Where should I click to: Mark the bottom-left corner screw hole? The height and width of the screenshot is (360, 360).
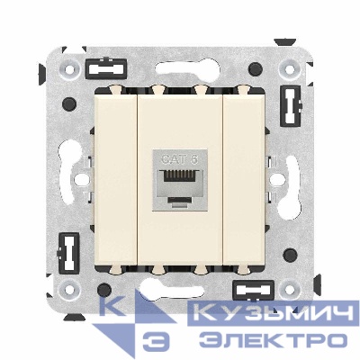click(x=65, y=291)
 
